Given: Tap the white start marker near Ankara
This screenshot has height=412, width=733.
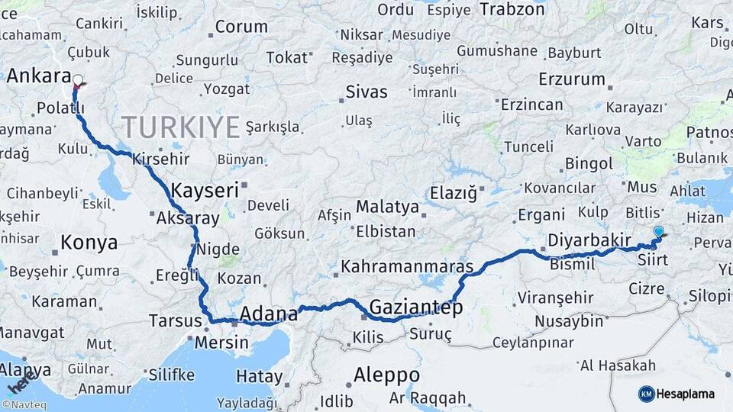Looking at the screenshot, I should pyautogui.click(x=77, y=79).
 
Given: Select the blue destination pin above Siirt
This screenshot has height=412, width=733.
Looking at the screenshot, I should pyautogui.click(x=658, y=231).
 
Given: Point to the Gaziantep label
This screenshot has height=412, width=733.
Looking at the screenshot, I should pyautogui.click(x=416, y=307).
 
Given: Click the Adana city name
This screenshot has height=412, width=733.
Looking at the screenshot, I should pyautogui.click(x=268, y=314).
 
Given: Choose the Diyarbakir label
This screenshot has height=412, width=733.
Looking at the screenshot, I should pyautogui.click(x=589, y=240).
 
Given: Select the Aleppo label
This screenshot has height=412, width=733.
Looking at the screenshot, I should pyautogui.click(x=386, y=375).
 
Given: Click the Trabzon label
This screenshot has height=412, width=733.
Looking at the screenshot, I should pyautogui.click(x=512, y=9).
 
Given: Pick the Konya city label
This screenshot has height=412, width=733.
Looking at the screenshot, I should pyautogui.click(x=89, y=243).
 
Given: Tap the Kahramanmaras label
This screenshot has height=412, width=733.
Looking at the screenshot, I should pyautogui.click(x=407, y=267).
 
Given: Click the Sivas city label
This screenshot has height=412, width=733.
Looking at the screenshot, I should pyautogui.click(x=366, y=92).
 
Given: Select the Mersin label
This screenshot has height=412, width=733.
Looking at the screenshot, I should pyautogui.click(x=221, y=342).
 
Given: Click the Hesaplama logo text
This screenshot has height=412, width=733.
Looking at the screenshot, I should pyautogui.click(x=685, y=394).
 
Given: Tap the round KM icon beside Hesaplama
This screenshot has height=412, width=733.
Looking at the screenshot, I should pyautogui.click(x=646, y=394).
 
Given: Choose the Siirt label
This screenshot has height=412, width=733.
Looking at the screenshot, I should pyautogui.click(x=653, y=260).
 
